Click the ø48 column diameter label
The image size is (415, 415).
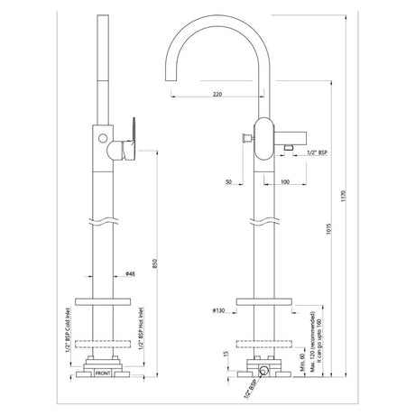tap(131, 275)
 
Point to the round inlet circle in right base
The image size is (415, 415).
tap(264, 371)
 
